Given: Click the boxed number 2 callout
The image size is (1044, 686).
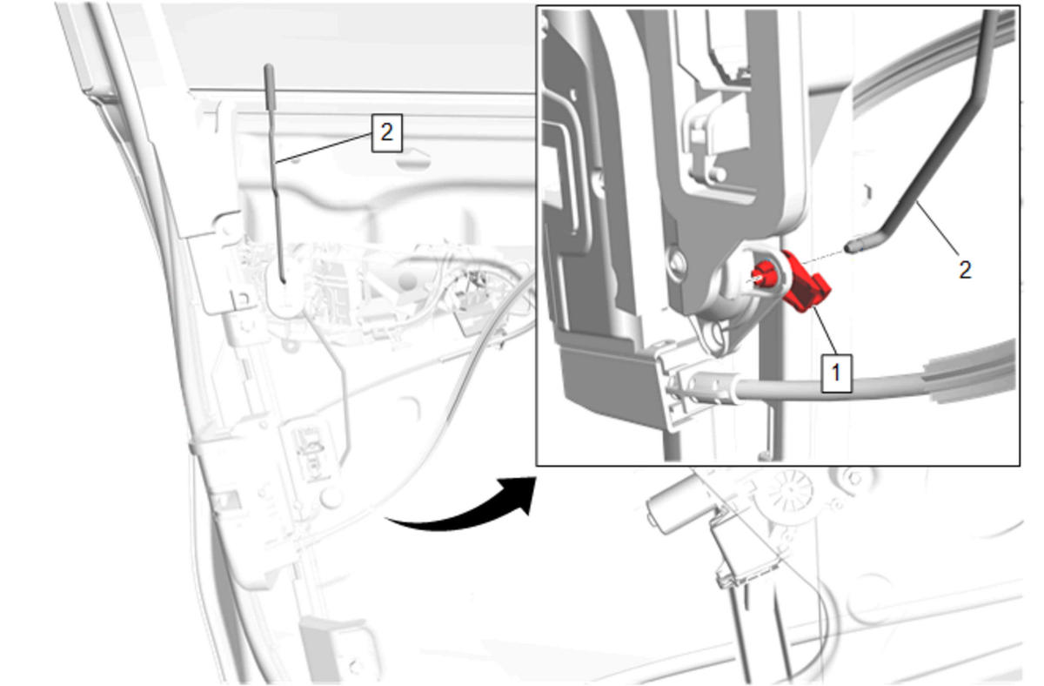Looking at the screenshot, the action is pyautogui.click(x=387, y=133).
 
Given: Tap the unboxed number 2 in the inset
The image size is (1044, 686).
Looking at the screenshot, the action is pyautogui.click(x=965, y=270).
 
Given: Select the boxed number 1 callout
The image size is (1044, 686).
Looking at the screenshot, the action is pyautogui.click(x=836, y=373).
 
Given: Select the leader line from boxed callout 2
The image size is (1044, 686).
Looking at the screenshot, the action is pyautogui.click(x=324, y=148).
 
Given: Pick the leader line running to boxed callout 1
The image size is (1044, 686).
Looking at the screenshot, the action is pyautogui.click(x=826, y=330).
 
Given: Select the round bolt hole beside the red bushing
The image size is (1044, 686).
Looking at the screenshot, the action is pyautogui.click(x=677, y=263).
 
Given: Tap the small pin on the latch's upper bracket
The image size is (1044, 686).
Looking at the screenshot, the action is pyautogui.click(x=719, y=174).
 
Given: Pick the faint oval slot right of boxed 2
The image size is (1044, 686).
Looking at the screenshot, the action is pyautogui.click(x=413, y=161).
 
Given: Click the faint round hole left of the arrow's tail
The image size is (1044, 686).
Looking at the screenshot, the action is pyautogui.click(x=331, y=498).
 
